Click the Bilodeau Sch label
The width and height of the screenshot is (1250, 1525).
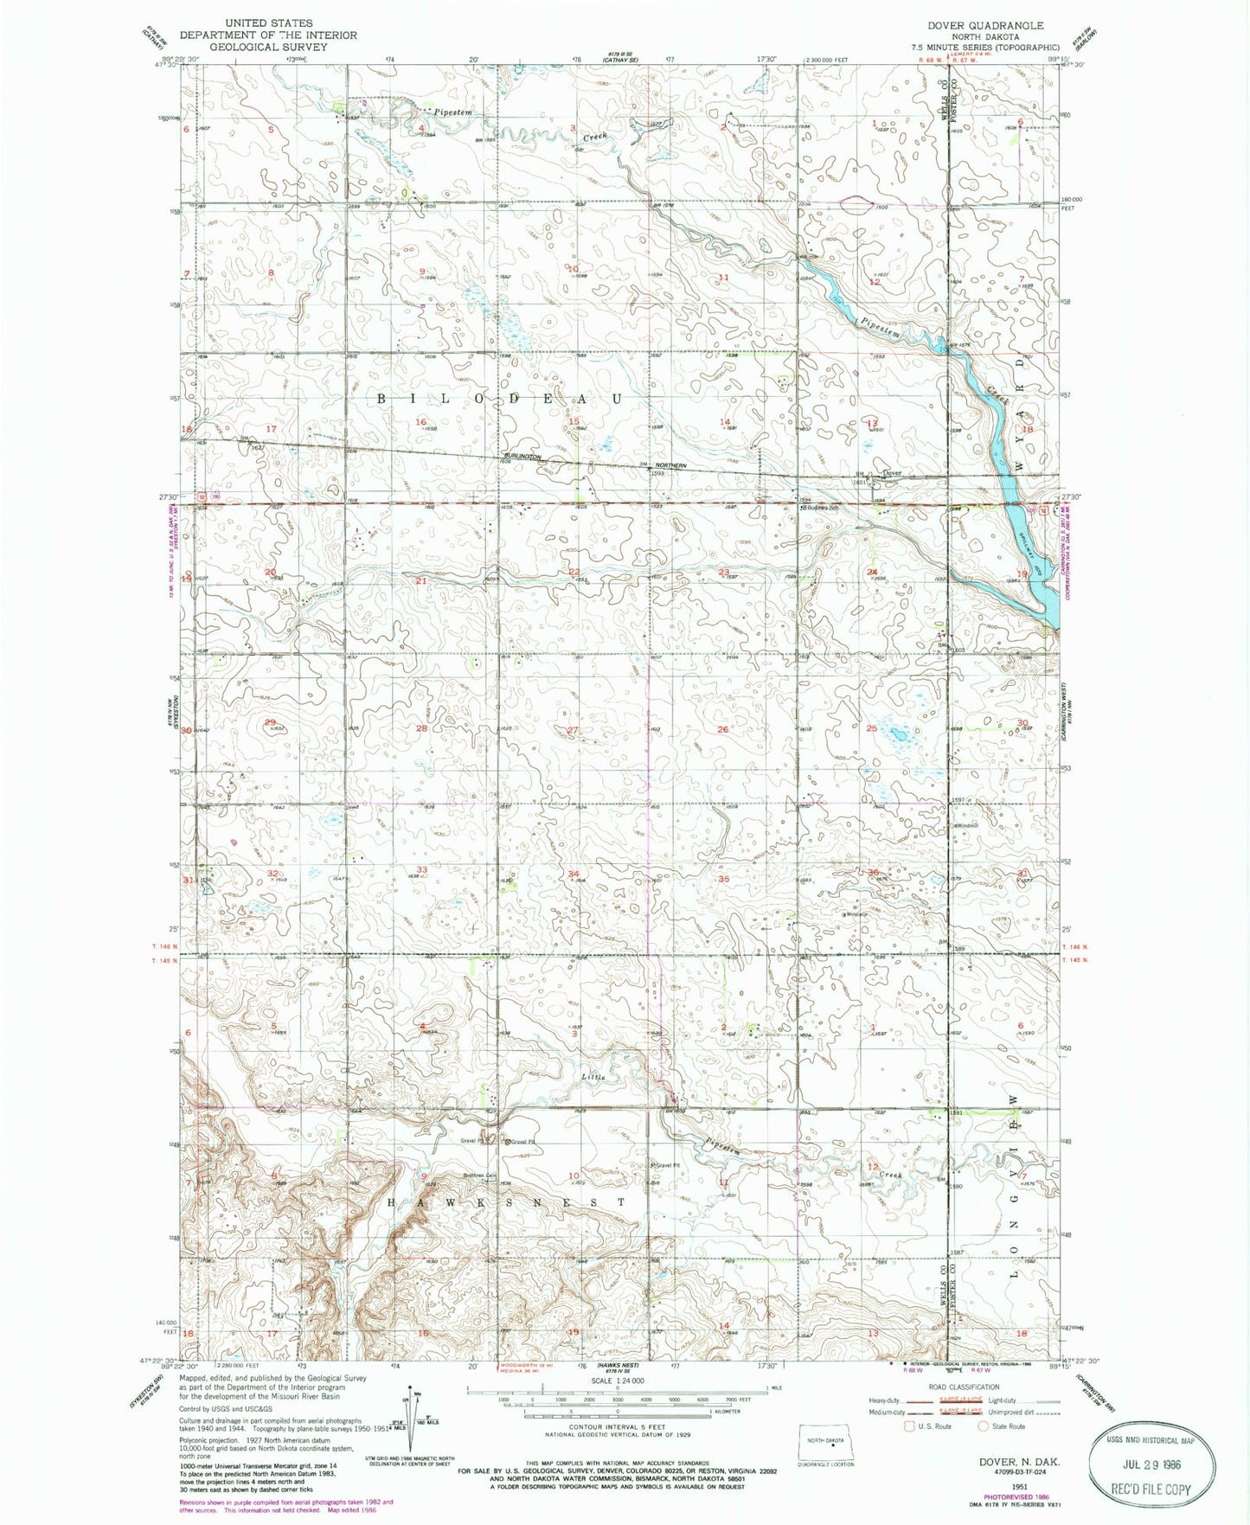click(821, 508)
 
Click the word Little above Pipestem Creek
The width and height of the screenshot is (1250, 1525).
click(593, 1077)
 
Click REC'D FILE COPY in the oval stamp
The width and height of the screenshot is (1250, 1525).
click(1154, 1489)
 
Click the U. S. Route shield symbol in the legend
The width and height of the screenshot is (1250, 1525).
click(910, 1426)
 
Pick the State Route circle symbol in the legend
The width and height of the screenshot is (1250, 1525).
click(983, 1426)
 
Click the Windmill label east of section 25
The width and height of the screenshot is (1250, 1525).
click(965, 825)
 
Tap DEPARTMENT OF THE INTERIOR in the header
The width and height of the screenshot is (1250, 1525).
click(268, 35)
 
